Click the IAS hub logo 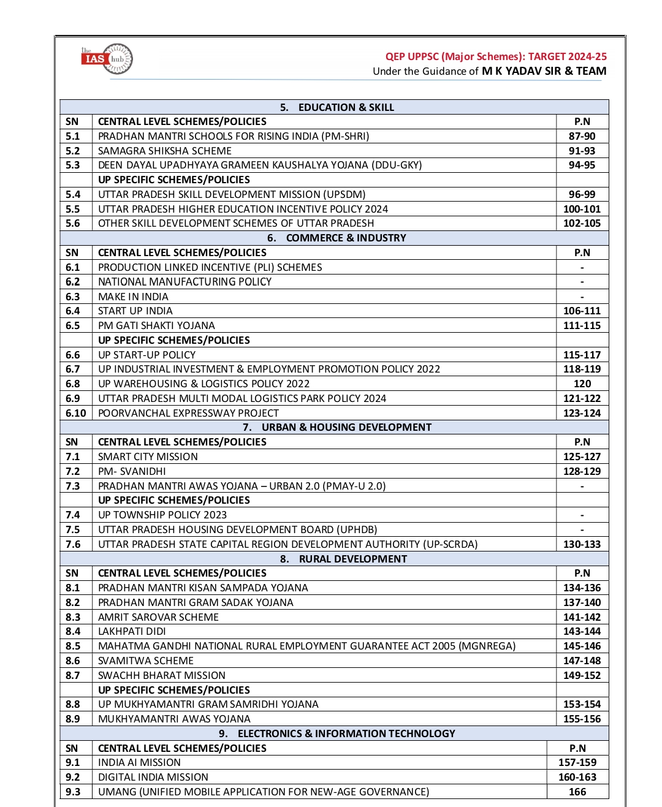pos(107,59)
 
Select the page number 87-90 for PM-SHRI pos(582,136)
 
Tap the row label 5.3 pos(73,165)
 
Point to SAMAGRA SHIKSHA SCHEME pos(165,151)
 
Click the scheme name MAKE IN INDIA pos(133,297)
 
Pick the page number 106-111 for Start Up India pos(582,311)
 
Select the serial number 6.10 pos(76,413)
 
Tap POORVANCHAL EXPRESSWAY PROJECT pos(188,413)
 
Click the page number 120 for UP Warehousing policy pos(582,384)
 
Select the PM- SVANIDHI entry pos(132,471)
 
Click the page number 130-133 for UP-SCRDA pos(582,544)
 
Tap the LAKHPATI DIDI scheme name pos(132,631)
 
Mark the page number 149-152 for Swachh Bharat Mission pos(582,675)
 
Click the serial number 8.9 pos(73,719)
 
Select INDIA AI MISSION pos(139,762)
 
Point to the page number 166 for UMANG pos(577,792)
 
